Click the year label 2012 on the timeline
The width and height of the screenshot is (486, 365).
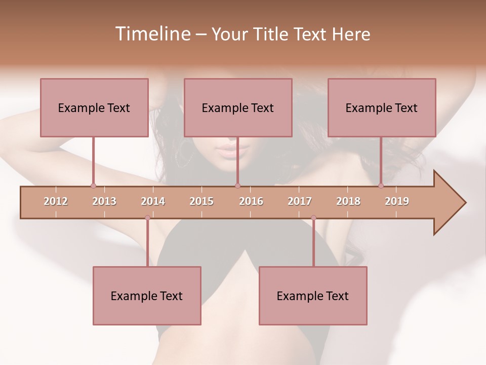tap(56, 201)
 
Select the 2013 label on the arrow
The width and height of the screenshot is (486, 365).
tap(104, 201)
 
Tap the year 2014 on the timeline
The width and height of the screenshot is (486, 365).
tap(153, 201)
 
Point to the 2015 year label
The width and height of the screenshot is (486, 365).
tap(201, 201)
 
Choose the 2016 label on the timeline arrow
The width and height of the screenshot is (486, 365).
tap(251, 201)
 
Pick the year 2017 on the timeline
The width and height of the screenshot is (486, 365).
tap(300, 201)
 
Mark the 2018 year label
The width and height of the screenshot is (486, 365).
tap(348, 201)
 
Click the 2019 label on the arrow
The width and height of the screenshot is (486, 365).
tap(397, 201)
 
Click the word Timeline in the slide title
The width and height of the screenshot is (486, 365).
tap(152, 34)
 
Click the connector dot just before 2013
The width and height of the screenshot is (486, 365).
tap(93, 186)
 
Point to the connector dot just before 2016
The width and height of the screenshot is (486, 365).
tap(237, 186)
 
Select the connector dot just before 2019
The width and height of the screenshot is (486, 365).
tap(381, 186)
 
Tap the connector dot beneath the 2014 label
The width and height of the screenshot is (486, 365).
tap(147, 218)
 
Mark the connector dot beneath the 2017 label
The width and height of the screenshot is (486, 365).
tap(313, 218)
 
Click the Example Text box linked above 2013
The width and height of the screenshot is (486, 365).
tap(94, 107)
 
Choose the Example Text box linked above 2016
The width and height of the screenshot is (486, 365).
tap(238, 107)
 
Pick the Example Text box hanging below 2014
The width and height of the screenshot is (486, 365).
tap(147, 296)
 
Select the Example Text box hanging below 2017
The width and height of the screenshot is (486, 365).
tap(313, 296)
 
